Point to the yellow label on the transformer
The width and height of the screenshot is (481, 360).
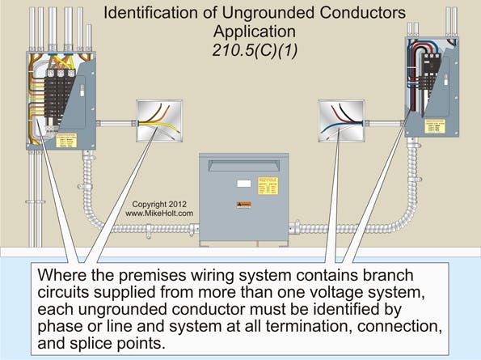pyautogui.click(x=270, y=185)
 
